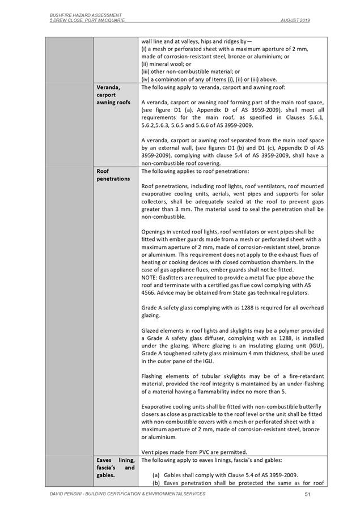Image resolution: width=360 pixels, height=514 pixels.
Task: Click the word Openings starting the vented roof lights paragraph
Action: click(x=154, y=232)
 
